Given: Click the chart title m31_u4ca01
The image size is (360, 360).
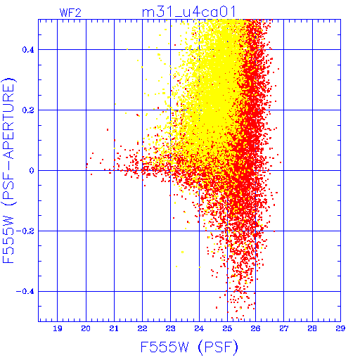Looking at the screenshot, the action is coord(188,12).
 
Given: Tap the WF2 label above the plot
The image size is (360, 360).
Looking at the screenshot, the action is coord(70,13).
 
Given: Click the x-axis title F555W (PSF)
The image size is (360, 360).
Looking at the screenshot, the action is coord(189,347).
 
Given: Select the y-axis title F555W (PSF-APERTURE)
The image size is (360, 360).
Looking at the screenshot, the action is coord(8,171).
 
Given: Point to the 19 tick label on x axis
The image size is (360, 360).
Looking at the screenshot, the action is coord(58,328).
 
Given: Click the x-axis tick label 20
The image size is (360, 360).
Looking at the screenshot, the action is coord(86,328).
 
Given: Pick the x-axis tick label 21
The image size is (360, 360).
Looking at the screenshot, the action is coord(114,328).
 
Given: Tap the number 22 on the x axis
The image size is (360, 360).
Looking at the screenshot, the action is coord(142,328).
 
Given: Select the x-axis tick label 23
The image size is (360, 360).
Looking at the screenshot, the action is coord(171,328).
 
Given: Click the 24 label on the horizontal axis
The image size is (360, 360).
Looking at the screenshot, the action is coord(199,328).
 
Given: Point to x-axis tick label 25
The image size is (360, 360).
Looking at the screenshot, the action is coord(227,328).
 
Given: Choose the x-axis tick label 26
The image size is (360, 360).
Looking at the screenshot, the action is coord(255,328).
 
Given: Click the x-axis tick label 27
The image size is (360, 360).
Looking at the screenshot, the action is coord(284,328).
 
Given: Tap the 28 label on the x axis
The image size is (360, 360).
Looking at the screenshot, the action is coord(312,328).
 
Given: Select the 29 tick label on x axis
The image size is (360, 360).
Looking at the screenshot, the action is coord(340,328).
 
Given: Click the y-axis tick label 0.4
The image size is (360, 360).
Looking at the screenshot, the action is coord(28,50).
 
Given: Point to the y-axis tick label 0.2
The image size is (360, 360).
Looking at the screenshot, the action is coord(28,110).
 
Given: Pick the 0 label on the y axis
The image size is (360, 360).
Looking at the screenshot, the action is coord(32,171).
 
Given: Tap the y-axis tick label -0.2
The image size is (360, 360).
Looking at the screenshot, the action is coord(25,231).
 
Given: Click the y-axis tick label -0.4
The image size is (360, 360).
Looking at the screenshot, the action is coord(25,292).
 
